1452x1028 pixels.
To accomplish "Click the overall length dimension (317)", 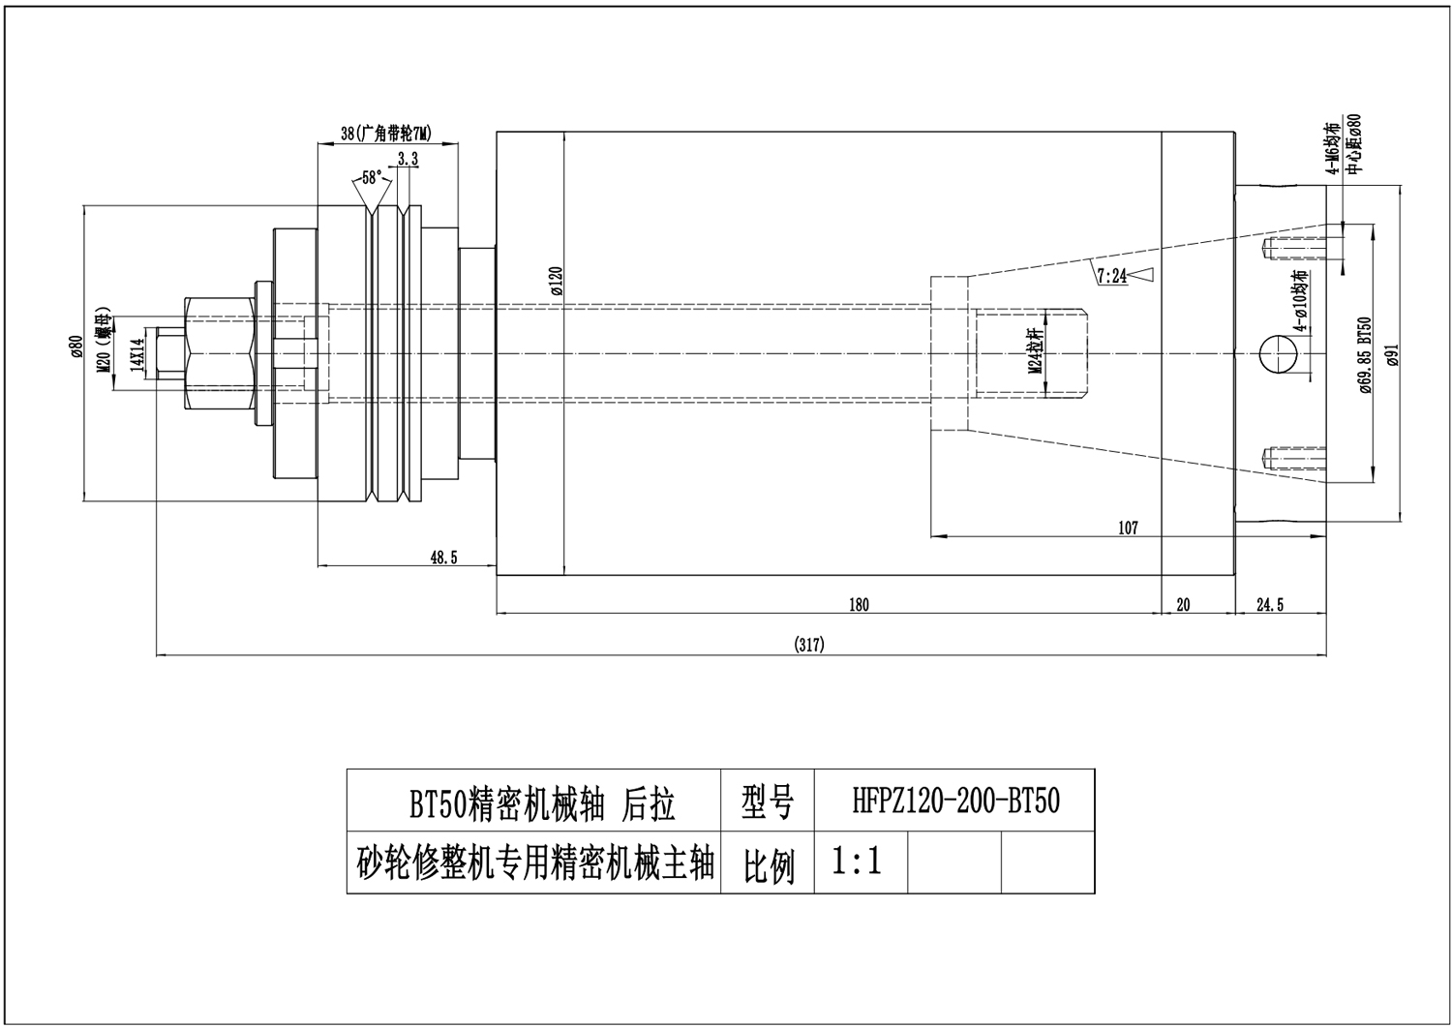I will [808, 645].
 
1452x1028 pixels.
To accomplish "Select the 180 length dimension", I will [859, 605].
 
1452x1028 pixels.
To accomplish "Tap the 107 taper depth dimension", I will [1128, 528].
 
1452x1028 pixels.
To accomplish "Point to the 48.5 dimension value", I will [443, 557].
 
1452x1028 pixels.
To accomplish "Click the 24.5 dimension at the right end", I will [1269, 605].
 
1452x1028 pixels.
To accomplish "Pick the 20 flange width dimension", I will [1183, 605].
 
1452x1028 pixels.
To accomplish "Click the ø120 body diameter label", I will [556, 280].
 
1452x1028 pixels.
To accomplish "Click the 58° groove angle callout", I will [370, 178].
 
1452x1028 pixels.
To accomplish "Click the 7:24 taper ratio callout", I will [1112, 276].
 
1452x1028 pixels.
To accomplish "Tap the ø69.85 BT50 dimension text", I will [1366, 355].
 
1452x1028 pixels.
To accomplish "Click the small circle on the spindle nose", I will [1279, 355].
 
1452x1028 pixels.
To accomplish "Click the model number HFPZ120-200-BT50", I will [955, 801].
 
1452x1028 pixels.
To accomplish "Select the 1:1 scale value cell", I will [858, 861].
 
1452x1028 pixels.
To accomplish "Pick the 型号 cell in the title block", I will [768, 801].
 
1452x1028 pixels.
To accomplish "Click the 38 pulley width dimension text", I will [385, 134].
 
